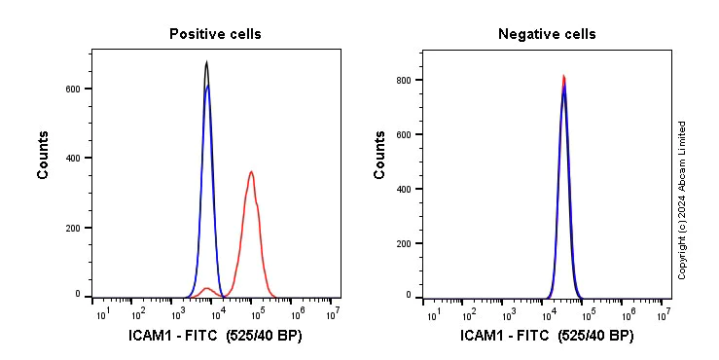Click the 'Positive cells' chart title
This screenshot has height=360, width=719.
tap(215, 34)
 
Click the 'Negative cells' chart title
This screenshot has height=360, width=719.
tap(547, 34)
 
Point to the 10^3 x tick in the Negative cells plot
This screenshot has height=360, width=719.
tap(509, 313)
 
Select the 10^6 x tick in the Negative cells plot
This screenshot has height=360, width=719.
tap(626, 313)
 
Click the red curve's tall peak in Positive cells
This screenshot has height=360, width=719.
tap(252, 172)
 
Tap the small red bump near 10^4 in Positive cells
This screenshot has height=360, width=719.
tap(207, 288)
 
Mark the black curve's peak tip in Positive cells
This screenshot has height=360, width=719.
tap(206, 62)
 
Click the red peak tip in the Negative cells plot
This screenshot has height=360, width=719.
tap(563, 76)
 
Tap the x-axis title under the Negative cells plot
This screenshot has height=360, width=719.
tap(547, 337)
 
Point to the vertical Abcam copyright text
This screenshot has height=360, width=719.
tap(682, 199)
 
